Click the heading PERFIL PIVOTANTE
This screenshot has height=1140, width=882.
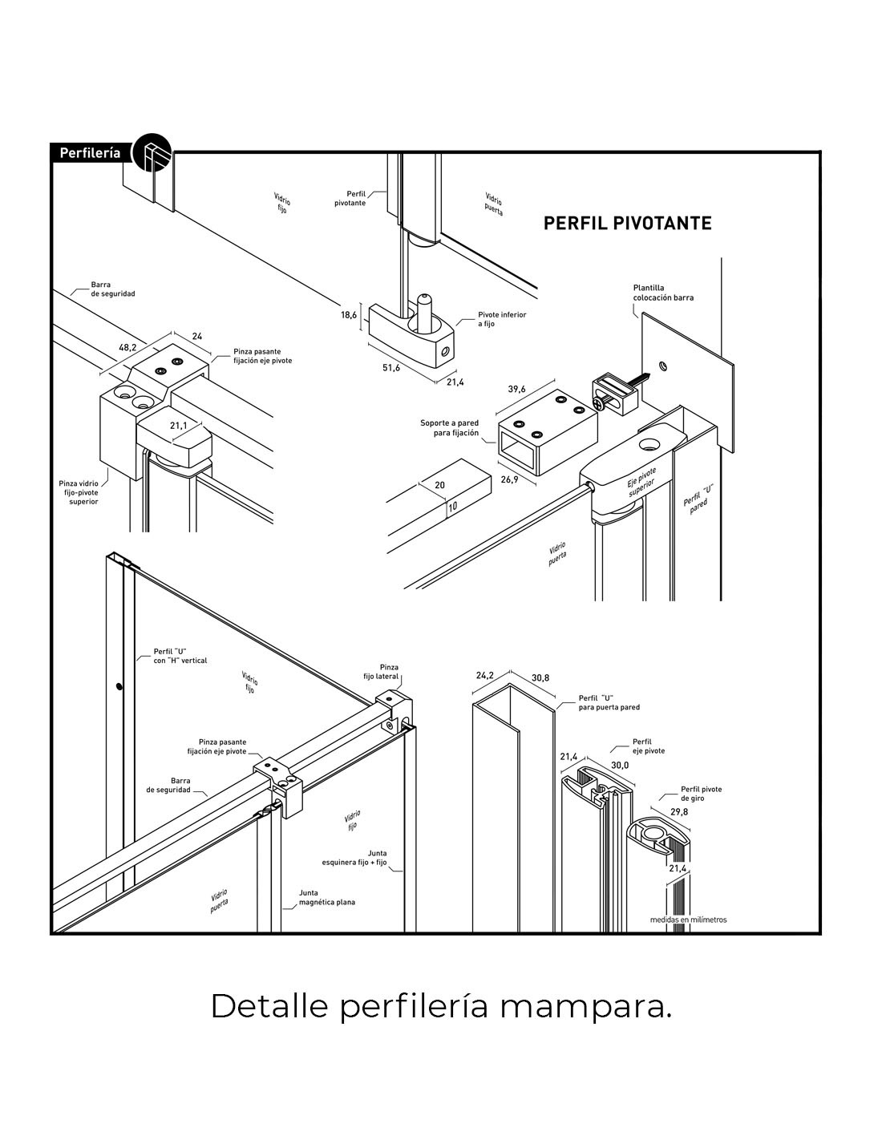627,223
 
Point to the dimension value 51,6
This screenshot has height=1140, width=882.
390,367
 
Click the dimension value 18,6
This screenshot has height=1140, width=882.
348,315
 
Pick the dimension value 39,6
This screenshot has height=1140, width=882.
516,389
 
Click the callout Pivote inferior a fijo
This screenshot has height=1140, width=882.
502,319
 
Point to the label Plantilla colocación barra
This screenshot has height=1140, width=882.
662,292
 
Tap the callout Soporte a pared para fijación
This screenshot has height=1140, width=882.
449,427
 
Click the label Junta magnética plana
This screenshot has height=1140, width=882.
326,897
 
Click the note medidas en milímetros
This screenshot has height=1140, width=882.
688,920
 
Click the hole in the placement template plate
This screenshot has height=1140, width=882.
661,366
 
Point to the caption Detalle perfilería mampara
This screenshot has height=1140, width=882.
440,1007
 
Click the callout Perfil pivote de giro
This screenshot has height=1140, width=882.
701,794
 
